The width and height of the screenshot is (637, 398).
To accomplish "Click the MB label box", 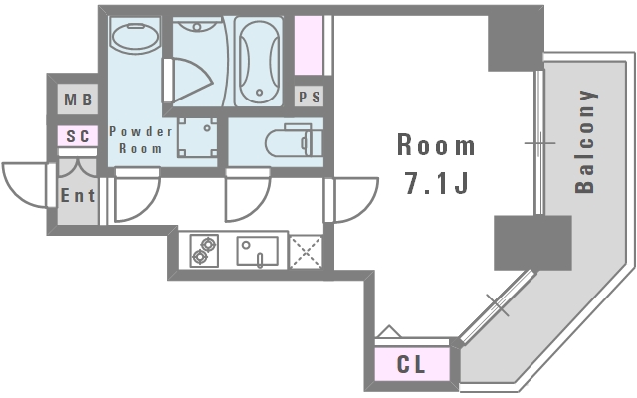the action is (78, 99).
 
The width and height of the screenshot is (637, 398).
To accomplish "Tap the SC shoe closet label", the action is (78, 136).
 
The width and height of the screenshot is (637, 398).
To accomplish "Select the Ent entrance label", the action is (78, 196).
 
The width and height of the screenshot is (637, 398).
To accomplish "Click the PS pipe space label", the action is (310, 97).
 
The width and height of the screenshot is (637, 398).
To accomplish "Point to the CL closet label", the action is (411, 364).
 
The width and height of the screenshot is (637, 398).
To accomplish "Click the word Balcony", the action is (586, 141).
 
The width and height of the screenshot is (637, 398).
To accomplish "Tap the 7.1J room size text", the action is (437, 183).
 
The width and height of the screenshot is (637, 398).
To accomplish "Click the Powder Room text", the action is (141, 140).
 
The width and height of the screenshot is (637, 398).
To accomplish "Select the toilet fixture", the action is (295, 140).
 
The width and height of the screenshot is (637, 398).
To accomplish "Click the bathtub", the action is (259, 62).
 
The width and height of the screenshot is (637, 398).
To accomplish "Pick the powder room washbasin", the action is (135, 36).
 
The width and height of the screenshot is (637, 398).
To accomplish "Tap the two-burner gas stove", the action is (204, 251).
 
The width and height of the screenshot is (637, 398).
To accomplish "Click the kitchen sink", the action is (258, 252).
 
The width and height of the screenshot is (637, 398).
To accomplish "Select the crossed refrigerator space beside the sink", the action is (306, 252).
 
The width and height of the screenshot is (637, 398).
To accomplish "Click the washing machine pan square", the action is (197, 137).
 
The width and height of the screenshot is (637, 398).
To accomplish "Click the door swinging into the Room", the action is (351, 200).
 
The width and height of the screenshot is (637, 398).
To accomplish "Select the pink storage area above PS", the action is (309, 45).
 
